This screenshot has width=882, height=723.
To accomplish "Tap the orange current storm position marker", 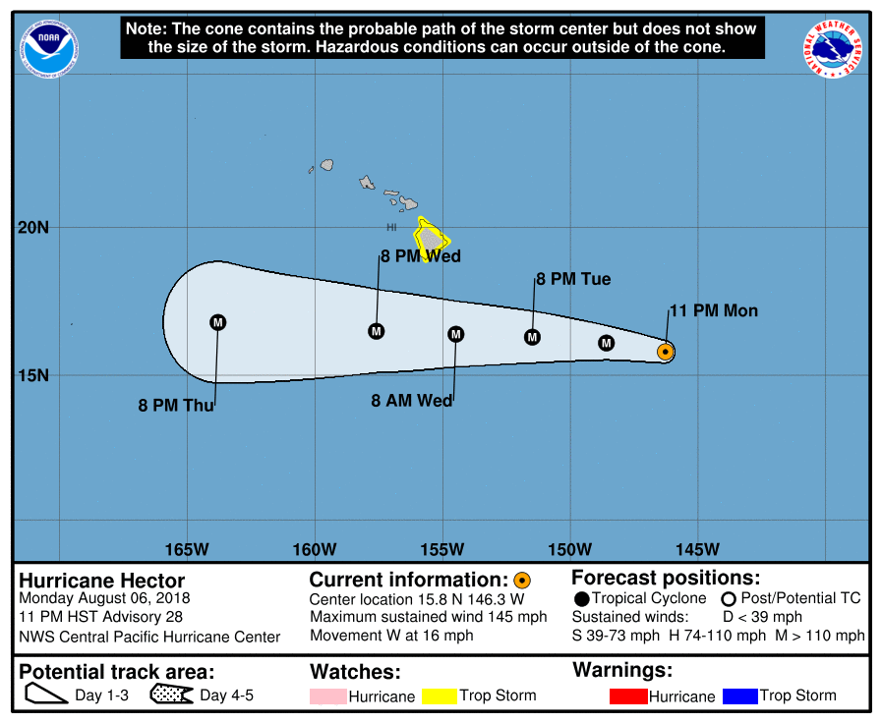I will [665, 352].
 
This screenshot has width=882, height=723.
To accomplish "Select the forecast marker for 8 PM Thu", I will [218, 322].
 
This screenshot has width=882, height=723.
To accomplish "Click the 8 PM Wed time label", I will [421, 256].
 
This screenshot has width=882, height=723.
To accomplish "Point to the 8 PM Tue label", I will [573, 279].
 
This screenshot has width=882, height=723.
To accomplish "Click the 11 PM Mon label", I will [714, 311].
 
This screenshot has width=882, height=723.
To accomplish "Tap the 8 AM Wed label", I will [412, 401].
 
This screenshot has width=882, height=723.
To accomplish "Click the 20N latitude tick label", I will [32, 228].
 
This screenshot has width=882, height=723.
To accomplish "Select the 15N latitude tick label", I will [32, 375].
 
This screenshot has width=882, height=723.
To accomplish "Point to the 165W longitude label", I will [187, 548].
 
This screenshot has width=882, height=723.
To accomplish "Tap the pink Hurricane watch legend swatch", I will [328, 696].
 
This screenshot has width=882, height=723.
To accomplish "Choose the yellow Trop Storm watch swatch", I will [440, 696].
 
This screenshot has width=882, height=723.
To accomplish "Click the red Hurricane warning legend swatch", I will [628, 696].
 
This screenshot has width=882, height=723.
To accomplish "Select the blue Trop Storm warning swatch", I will [739, 696].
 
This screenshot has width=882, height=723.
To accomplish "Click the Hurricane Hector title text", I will [102, 581].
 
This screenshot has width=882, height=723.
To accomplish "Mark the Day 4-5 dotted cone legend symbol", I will [172, 696].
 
